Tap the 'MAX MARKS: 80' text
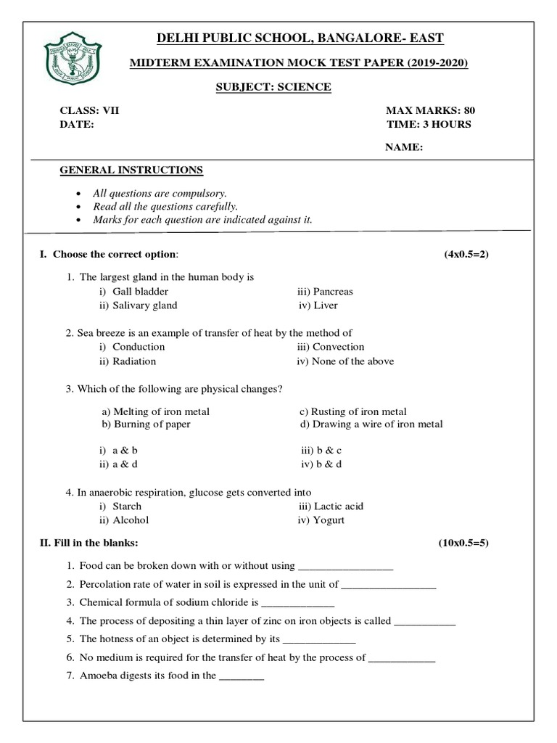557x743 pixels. coord(431,110)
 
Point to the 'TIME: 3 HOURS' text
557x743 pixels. coord(429,124)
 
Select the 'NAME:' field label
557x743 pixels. coord(404,147)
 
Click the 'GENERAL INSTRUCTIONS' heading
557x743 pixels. coord(131,170)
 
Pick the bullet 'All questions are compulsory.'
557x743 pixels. coord(160,193)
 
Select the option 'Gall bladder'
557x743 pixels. coord(140,291)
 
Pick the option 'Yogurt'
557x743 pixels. coord(329,520)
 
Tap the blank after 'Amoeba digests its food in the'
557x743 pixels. coord(242,676)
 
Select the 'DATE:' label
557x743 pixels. coord(77,124)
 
